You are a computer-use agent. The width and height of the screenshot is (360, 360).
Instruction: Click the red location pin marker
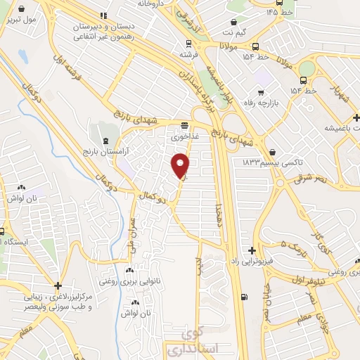pyautogui.click(x=181, y=167)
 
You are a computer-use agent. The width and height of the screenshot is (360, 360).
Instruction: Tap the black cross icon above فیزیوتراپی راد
pyautogui.click(x=252, y=250)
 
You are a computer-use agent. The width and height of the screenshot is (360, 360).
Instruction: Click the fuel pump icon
pyautogui.click(x=244, y=296)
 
